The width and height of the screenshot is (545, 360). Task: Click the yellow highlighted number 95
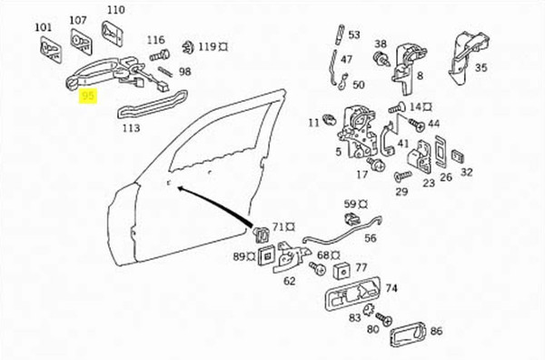[89, 95]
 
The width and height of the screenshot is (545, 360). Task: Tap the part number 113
[131, 128]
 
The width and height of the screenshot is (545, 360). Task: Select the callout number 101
[44, 27]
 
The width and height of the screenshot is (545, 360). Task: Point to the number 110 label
[114, 10]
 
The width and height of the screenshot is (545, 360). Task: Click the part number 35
[481, 66]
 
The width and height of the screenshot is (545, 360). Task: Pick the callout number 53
[353, 35]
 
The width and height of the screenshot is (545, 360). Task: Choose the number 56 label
[370, 238]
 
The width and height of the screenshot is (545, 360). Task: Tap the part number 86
[436, 332]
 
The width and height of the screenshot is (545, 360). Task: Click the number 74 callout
[391, 288]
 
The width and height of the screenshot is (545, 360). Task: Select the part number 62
[290, 282]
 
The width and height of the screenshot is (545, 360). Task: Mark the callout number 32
[467, 171]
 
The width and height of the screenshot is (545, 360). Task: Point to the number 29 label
[401, 191]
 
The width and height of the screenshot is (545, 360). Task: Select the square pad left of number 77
[343, 269]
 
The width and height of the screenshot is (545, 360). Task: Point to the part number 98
[184, 71]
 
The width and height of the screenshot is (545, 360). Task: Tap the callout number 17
[362, 174]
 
